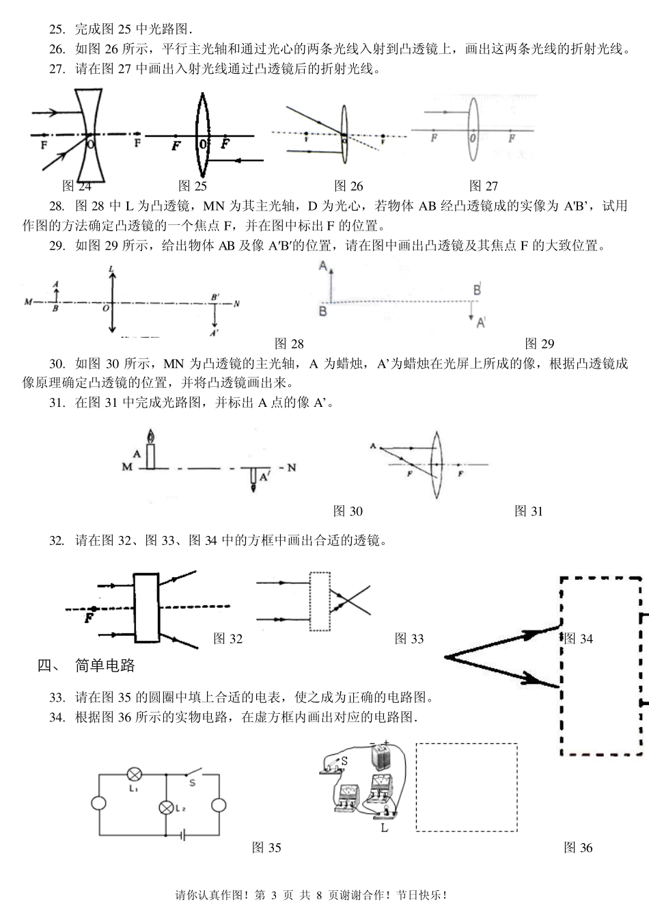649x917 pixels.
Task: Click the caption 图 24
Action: (x=76, y=185)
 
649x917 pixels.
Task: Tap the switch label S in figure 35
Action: (x=192, y=784)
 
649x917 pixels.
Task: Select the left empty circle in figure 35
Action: (x=100, y=804)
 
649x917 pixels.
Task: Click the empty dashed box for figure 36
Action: (x=466, y=787)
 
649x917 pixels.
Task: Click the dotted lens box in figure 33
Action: (x=320, y=602)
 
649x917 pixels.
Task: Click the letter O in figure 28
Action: (x=105, y=308)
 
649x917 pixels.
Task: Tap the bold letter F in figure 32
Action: (x=88, y=618)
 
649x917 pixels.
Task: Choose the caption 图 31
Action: (x=528, y=511)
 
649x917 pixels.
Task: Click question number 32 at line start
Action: (x=57, y=541)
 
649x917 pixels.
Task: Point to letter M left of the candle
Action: (x=127, y=467)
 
